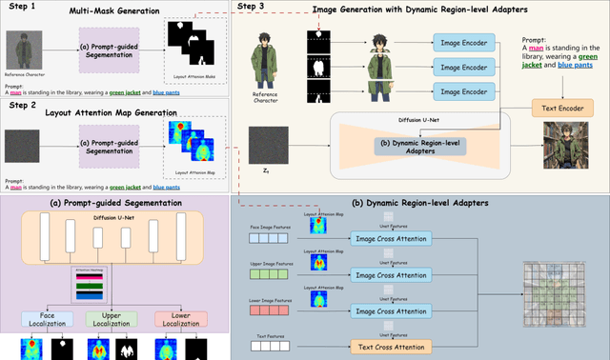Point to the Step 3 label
(x=251, y=8)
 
